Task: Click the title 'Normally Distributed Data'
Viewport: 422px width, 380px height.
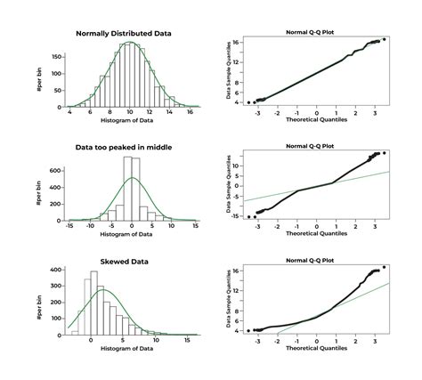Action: coord(124,34)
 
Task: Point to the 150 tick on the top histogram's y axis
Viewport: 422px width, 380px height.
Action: coord(55,55)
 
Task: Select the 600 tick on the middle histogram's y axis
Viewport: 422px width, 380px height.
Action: coord(55,170)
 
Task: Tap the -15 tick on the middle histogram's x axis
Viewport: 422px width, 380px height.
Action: coord(69,227)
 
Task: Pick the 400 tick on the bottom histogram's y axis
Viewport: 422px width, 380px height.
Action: coord(55,270)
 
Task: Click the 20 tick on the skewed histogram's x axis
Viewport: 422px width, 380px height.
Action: coord(192,339)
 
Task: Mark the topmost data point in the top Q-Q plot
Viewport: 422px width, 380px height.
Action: coord(384,39)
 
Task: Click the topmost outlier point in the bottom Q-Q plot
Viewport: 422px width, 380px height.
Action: coord(384,267)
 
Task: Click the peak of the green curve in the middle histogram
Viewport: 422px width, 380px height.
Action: coord(131,178)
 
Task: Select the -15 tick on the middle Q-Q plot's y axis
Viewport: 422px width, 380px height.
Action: coord(235,216)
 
